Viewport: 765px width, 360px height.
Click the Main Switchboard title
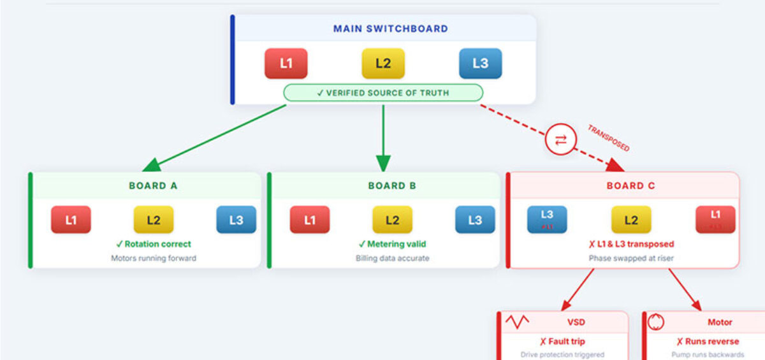point(390,29)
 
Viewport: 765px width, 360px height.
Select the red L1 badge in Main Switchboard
point(286,63)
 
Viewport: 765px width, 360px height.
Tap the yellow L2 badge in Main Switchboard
point(383,63)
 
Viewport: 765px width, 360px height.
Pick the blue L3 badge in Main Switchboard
point(480,63)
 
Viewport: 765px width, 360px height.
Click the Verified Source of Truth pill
point(383,93)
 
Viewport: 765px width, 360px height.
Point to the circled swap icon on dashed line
point(560,140)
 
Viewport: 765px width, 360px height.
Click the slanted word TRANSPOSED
point(608,138)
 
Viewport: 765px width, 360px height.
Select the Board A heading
point(153,186)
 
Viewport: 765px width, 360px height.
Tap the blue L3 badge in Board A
point(236,220)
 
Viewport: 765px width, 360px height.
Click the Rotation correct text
point(153,244)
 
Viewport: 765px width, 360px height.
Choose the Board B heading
point(392,186)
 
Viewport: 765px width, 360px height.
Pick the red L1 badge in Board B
point(310,220)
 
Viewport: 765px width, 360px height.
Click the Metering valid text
point(392,244)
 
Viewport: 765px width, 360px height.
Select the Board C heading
point(630,186)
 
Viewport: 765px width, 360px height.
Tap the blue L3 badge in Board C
point(547,219)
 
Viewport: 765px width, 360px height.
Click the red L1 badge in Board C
point(715,219)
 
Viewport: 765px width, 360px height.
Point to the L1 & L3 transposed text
point(630,244)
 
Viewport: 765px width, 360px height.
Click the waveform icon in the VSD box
point(517,322)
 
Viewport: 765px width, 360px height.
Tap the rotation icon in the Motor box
point(656,322)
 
